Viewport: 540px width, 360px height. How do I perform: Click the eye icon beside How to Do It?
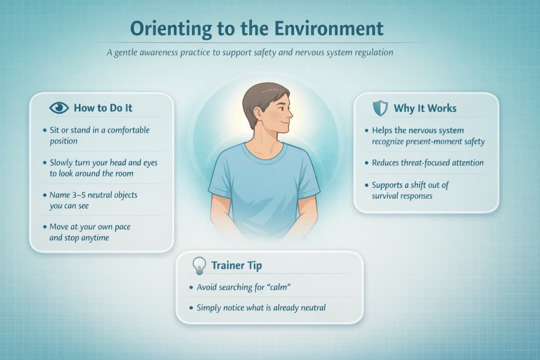(59, 108)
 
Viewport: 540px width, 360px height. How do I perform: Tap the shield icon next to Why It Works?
(380, 108)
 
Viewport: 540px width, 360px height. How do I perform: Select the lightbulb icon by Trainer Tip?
(198, 266)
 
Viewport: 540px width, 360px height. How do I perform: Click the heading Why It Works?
(425, 109)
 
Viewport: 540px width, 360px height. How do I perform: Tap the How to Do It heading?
(103, 108)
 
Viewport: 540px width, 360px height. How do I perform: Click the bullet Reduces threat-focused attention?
(427, 162)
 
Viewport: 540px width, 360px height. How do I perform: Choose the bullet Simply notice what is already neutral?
(261, 307)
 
